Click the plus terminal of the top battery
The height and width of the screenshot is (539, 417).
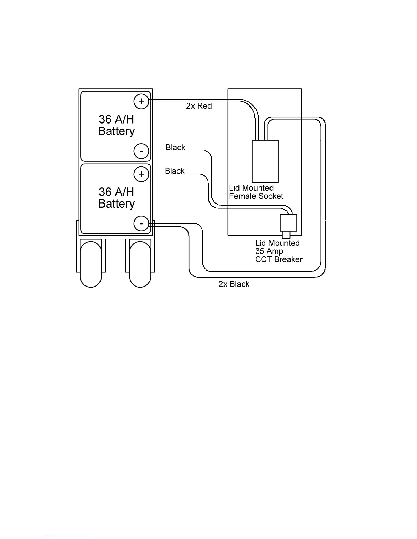pos(141,101)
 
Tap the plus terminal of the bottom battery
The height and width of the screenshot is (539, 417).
pos(141,174)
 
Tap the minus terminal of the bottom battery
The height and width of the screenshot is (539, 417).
pos(141,224)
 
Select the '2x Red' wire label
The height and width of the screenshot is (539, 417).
pos(199,106)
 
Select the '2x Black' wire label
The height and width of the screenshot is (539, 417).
pos(234,284)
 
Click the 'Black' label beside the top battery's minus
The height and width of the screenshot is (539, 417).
pos(175,147)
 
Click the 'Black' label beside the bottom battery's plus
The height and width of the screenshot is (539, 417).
pos(175,171)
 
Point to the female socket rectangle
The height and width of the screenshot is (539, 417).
pos(265,161)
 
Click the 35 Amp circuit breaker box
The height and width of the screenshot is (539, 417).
pos(288,223)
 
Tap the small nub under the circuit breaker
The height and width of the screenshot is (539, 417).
pos(286,235)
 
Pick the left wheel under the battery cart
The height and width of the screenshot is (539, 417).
pos(91,264)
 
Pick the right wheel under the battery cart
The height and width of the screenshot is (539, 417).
pos(140,264)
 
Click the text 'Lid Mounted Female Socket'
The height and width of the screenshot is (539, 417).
pos(256,192)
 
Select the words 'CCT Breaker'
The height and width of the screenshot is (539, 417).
pos(279,259)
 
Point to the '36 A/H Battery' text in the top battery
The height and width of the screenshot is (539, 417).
pos(116,125)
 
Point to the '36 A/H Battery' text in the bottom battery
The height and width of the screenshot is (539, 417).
pos(116,198)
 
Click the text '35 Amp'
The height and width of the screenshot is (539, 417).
pos(269,251)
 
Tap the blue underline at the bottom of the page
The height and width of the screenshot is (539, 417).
pos(67,536)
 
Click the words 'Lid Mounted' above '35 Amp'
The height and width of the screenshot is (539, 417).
pos(277,243)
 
